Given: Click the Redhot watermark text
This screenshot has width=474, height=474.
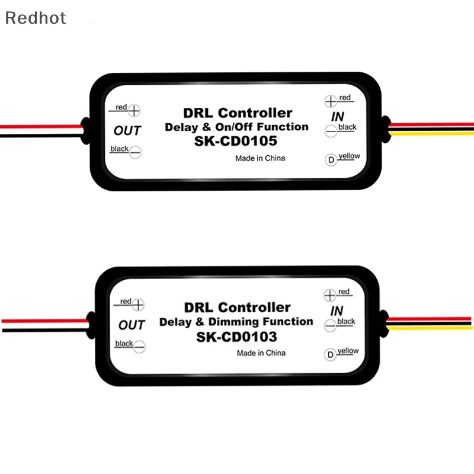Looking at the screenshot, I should click(x=36, y=18).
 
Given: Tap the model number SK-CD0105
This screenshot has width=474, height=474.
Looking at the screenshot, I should click(x=238, y=142).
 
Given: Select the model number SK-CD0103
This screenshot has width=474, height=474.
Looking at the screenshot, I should click(x=238, y=337).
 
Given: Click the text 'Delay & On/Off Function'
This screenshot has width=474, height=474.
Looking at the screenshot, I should click(x=236, y=127).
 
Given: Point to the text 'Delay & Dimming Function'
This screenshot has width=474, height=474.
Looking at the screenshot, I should click(x=236, y=322).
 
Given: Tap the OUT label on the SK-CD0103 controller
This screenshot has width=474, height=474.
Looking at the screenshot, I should click(x=132, y=325).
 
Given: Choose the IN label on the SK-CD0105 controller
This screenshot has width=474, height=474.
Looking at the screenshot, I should click(x=338, y=116).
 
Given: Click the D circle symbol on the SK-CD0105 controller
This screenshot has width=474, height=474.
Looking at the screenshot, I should click(x=331, y=160).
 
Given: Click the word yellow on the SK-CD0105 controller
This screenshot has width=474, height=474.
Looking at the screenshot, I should click(x=348, y=156).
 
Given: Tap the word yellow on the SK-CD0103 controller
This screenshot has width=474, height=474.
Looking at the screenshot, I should click(x=348, y=351).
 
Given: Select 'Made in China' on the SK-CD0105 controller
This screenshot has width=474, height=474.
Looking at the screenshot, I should click(x=260, y=158).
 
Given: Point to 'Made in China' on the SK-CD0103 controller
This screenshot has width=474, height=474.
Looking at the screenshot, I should click(x=261, y=353).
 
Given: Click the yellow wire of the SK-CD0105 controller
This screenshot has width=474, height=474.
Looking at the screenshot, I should click(x=433, y=133).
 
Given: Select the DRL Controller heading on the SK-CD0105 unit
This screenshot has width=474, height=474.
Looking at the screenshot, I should click(x=238, y=113).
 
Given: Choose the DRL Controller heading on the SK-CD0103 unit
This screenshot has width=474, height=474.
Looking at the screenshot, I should click(x=238, y=308).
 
